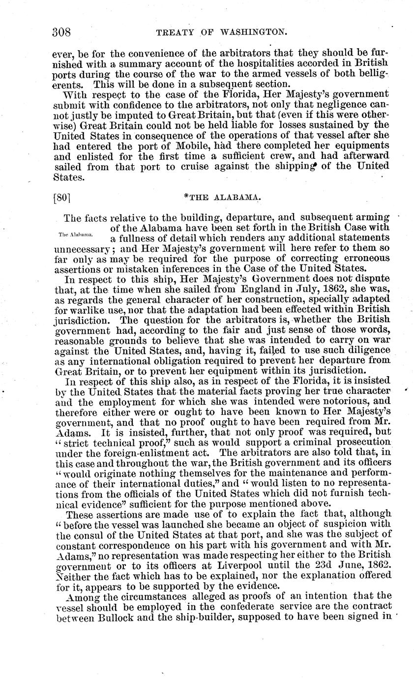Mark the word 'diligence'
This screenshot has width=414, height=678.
tap(366, 350)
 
